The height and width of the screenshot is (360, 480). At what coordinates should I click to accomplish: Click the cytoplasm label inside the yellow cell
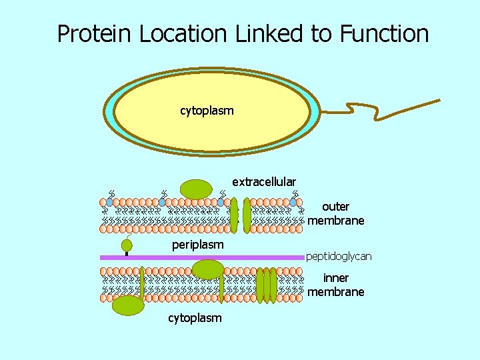207,111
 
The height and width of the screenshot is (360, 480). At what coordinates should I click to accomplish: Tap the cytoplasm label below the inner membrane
195,318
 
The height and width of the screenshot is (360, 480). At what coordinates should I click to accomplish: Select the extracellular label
264,182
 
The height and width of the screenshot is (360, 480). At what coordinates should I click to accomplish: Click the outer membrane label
336,213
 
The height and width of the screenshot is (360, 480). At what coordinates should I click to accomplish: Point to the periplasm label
197,245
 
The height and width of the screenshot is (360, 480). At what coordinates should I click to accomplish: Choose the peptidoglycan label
339,256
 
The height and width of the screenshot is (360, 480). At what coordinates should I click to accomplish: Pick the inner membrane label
336,285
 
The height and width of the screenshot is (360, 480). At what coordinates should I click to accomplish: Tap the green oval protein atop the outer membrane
195,189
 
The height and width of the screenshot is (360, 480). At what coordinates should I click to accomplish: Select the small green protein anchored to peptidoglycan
127,246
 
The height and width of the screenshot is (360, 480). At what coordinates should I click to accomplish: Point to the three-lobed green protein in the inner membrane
267,285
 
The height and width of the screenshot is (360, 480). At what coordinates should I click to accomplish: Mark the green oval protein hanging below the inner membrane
127,305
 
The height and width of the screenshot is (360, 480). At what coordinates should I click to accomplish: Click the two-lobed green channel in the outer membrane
241,215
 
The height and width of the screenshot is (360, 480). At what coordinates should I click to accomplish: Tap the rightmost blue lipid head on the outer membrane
293,201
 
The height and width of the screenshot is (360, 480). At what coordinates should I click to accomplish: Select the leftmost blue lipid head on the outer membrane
110,201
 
